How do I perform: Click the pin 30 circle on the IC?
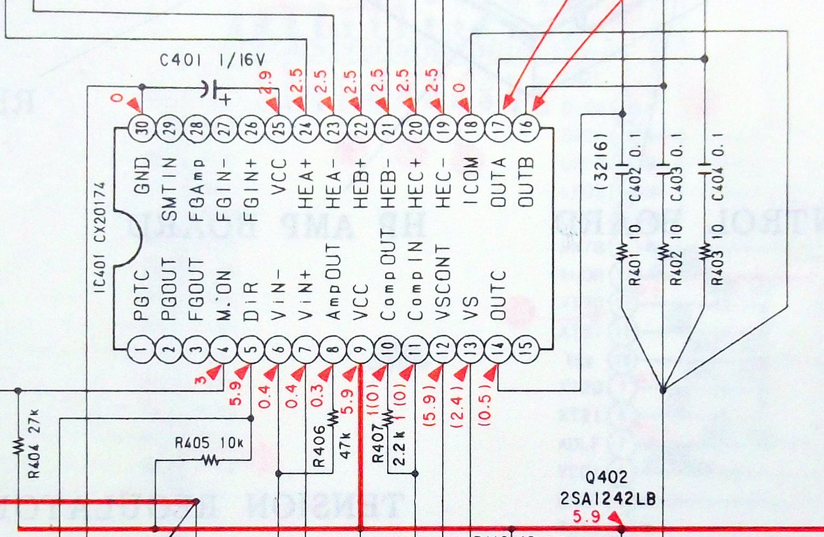coord(142,128)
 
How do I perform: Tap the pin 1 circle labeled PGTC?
coord(142,349)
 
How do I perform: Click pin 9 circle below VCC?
coord(361,349)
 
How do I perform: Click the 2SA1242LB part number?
coord(608,499)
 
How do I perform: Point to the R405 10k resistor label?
coord(209,443)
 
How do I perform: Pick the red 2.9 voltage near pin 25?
coord(266,82)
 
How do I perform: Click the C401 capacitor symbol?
coord(211,89)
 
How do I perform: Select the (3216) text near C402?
coord(602,162)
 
